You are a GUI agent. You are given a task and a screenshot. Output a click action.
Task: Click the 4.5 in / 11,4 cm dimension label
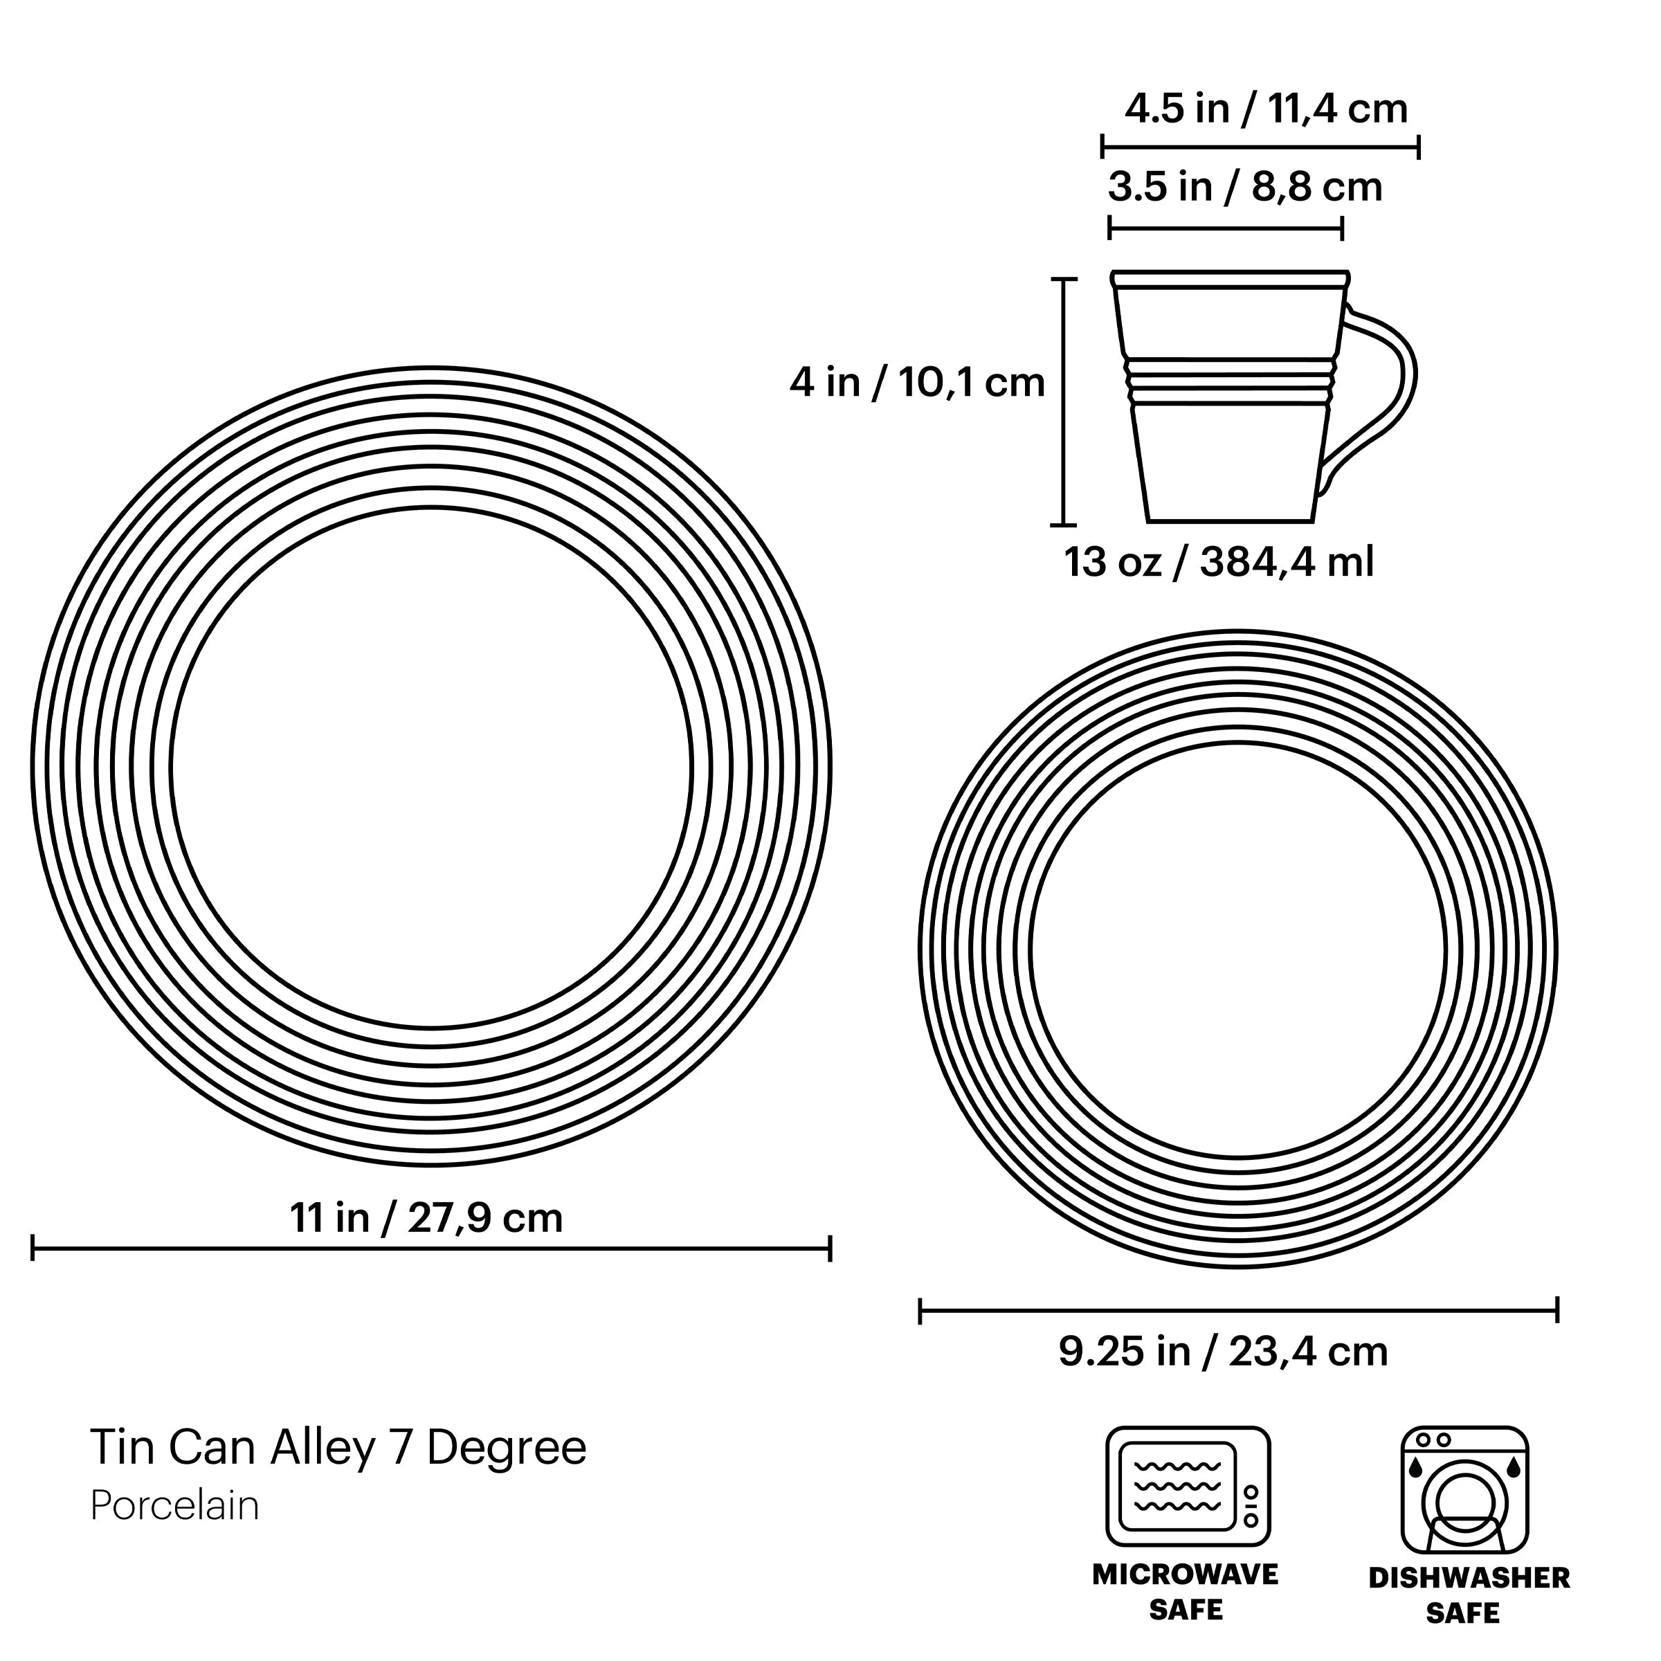click(x=1266, y=110)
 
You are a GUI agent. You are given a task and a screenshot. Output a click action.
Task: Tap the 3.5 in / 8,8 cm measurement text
click(x=1244, y=188)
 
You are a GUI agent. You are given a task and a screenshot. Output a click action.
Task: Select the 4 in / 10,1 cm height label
click(x=917, y=383)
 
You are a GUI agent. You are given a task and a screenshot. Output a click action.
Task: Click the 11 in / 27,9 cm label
click(x=426, y=1218)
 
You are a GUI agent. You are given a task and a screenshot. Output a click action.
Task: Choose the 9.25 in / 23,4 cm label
click(x=1222, y=1352)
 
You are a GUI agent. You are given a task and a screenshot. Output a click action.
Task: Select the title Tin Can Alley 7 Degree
click(x=338, y=1448)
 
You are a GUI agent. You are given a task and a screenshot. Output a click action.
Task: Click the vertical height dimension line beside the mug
click(x=1064, y=401)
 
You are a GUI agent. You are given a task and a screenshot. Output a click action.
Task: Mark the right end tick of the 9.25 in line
click(x=1557, y=1311)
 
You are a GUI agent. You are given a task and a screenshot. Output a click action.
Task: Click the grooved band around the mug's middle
click(x=1231, y=382)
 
